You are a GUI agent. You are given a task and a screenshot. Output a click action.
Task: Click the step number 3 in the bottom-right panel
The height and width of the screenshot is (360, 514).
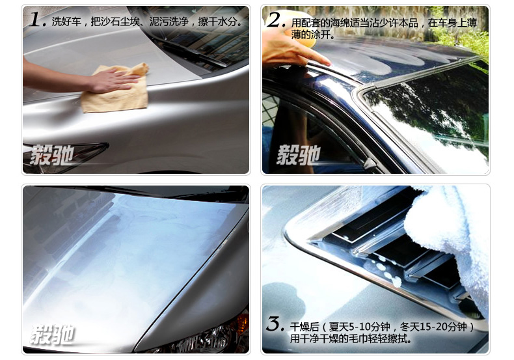pos(275,324)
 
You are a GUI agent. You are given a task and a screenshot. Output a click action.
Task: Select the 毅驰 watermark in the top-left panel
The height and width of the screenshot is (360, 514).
pos(51,154)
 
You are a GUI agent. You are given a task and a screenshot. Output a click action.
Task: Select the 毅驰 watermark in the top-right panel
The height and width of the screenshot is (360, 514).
pos(298,155)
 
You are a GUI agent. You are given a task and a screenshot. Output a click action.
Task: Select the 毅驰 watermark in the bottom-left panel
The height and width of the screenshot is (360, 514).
pos(53,335)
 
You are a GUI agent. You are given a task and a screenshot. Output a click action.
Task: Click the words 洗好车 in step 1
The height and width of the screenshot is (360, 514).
pos(66,21)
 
